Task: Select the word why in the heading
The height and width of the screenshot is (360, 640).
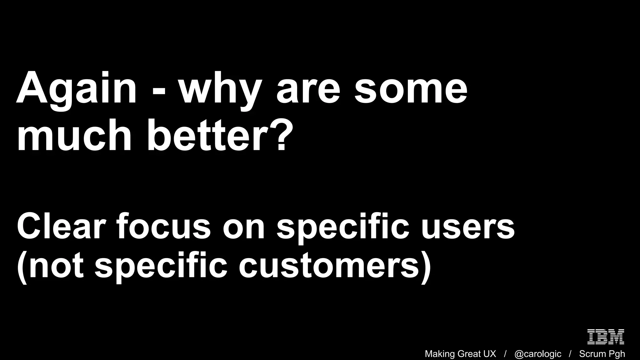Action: point(220,91)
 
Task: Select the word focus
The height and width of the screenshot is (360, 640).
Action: point(164,226)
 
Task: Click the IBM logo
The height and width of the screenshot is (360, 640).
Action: point(606,337)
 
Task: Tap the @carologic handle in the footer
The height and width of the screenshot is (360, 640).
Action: point(538,354)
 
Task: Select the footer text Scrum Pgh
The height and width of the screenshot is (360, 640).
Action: point(602,354)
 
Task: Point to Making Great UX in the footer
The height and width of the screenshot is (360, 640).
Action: point(460,354)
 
